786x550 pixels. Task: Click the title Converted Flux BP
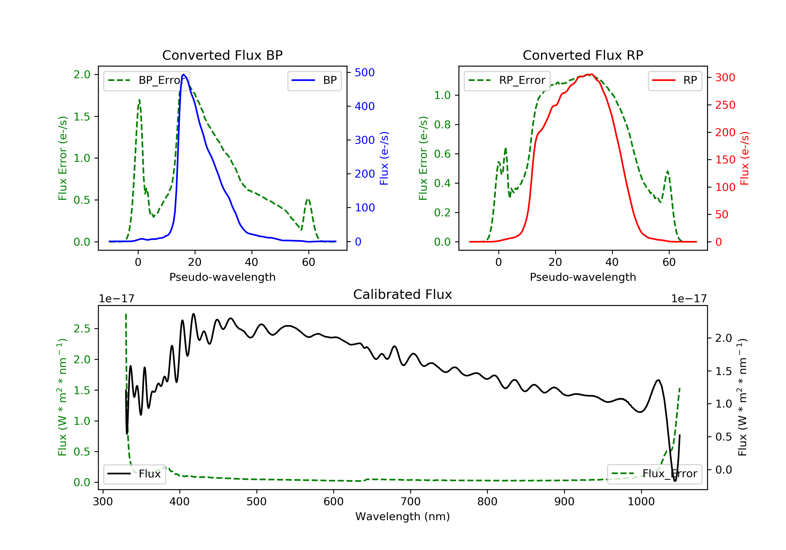(x=222, y=55)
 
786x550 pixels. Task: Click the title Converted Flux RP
(x=583, y=55)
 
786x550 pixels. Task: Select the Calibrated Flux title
(x=403, y=294)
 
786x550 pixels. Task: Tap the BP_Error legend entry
(x=146, y=80)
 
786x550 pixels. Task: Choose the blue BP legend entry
(x=314, y=80)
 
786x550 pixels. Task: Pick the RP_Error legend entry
(x=507, y=80)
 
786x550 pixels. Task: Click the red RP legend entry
(x=675, y=80)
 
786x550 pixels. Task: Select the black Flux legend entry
(x=134, y=474)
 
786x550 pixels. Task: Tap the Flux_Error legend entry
(x=654, y=474)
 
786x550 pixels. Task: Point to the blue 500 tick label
(x=365, y=73)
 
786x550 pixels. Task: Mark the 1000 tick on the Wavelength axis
(x=641, y=502)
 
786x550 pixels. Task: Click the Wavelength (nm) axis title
(x=403, y=516)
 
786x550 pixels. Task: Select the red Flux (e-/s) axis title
(x=744, y=158)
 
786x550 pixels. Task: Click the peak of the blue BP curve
(x=183, y=74)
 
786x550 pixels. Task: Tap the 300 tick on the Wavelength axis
(x=103, y=502)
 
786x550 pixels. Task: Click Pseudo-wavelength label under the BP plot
(x=222, y=277)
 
